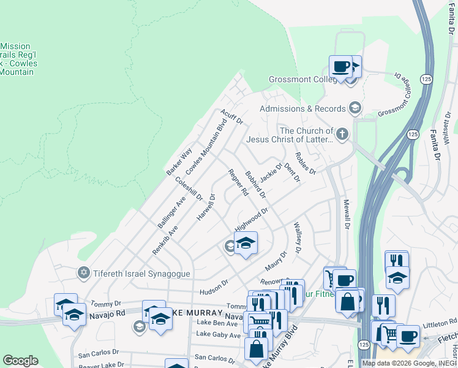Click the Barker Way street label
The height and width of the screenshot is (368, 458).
[x=179, y=161]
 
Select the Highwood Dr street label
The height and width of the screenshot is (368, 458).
[x=252, y=220]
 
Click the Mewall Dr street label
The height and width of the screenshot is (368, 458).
[x=346, y=213]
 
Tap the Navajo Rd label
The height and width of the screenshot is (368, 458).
[x=111, y=313]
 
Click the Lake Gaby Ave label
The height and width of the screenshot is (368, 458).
[x=219, y=335]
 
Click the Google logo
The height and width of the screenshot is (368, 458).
[x=20, y=361]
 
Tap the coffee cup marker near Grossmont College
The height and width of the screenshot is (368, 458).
[x=340, y=66]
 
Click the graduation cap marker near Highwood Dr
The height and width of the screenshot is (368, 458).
[x=246, y=243]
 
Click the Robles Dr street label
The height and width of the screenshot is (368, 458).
[x=304, y=163]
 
